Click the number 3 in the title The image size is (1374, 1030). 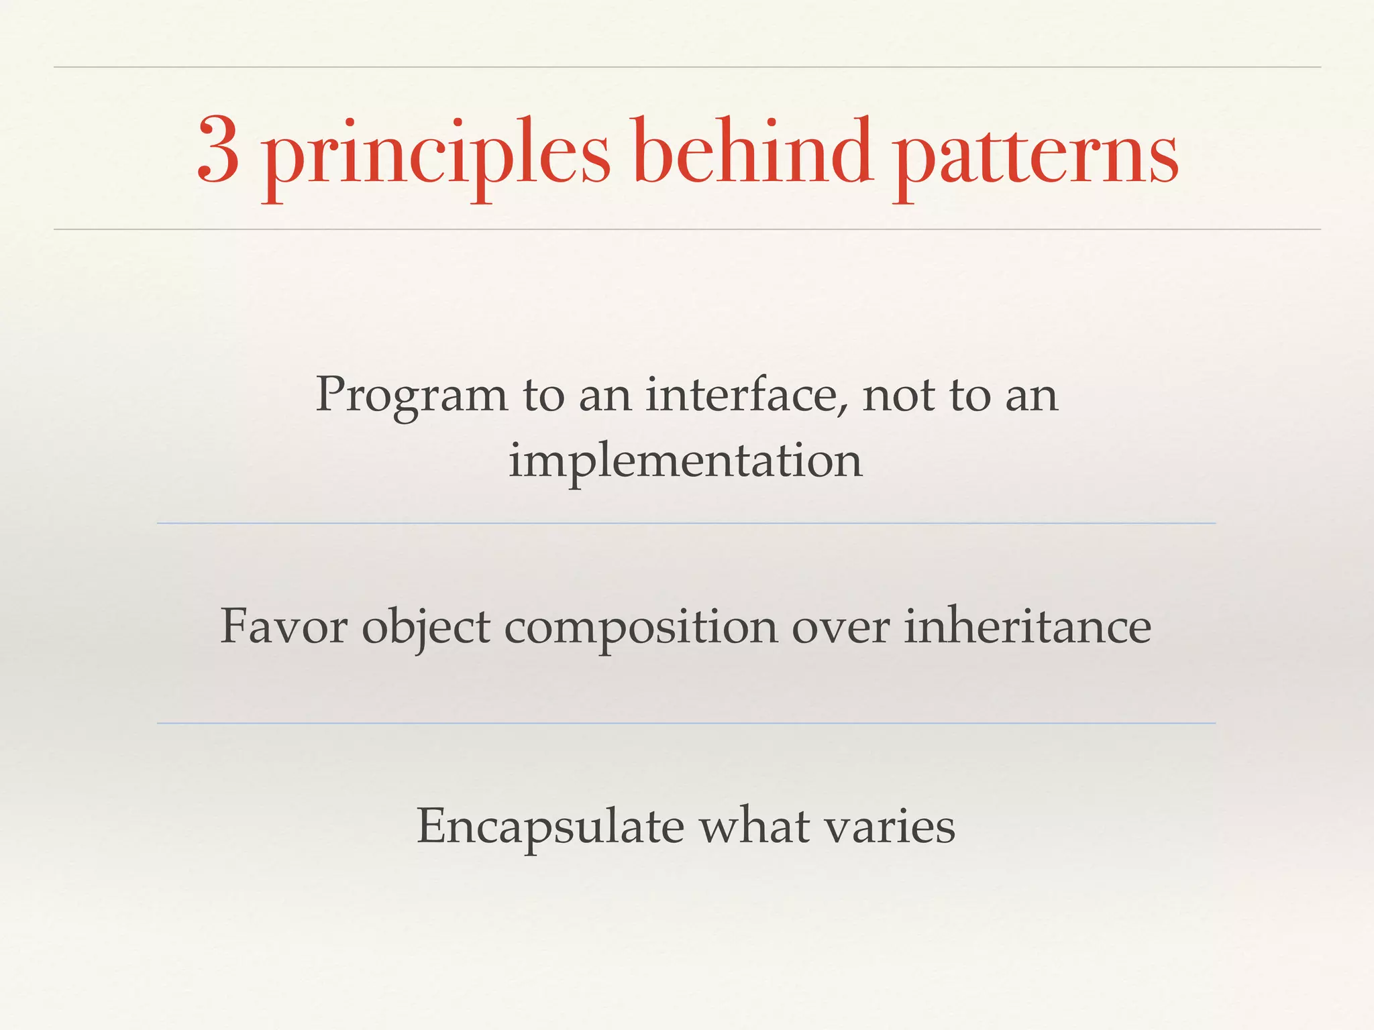point(219,150)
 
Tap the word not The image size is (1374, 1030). point(898,396)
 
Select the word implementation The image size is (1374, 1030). point(685,463)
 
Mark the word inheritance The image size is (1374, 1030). point(1027,626)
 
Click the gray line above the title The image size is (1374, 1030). point(687,67)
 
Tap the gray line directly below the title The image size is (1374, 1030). point(687,229)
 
